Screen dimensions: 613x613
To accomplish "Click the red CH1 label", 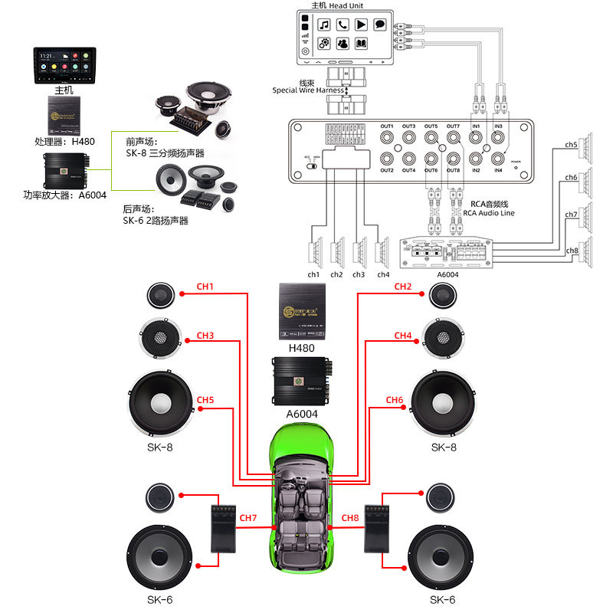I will pos(205,287).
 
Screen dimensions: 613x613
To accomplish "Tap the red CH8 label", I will pos(350,518).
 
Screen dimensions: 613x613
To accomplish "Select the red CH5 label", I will pos(205,400).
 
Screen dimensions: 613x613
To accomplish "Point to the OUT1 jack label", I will pos(386,126).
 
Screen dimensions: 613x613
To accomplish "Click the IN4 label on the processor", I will pos(498,169).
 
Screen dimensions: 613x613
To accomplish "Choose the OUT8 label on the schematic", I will pos(453,169).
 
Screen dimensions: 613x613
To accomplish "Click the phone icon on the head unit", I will pos(343,25).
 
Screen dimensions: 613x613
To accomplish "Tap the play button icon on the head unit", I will pos(361,25).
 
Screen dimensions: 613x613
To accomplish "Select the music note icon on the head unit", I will pos(324,25).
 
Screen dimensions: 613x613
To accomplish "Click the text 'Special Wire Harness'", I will pos(308,90).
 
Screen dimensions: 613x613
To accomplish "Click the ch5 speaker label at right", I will pos(571,144).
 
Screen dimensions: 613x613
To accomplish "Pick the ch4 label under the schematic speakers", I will pos(383,274).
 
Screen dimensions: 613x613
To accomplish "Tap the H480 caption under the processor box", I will pos(301,348).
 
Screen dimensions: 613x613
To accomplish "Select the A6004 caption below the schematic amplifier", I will pos(447,274).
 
